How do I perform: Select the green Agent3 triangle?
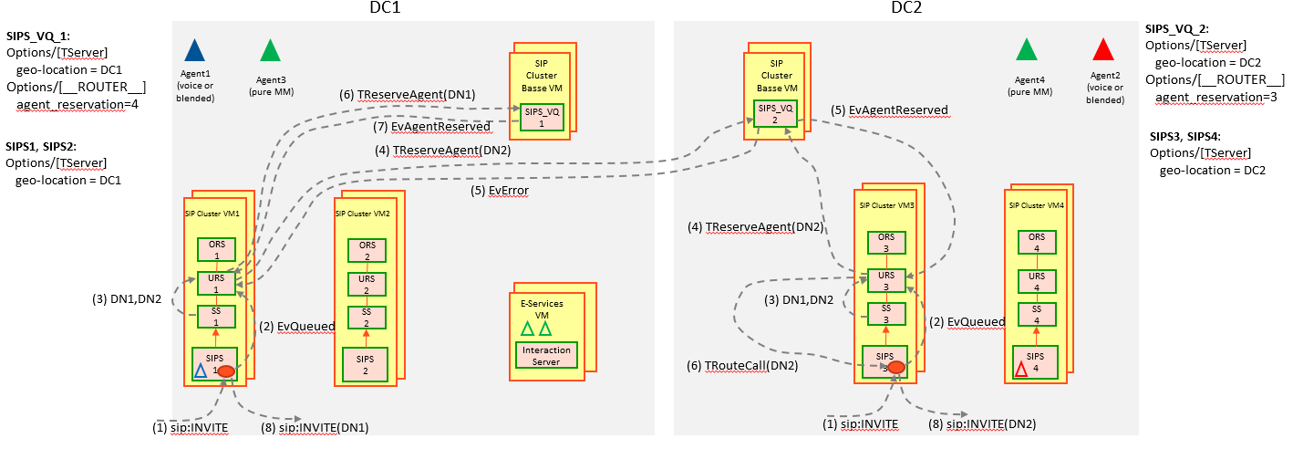coord(269,50)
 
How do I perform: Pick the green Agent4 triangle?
coord(1027,49)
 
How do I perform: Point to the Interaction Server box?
coord(548,355)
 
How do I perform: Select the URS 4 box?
coord(1036,281)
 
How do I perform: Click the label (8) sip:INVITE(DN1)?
coord(324,427)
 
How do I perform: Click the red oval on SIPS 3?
coord(896,367)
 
